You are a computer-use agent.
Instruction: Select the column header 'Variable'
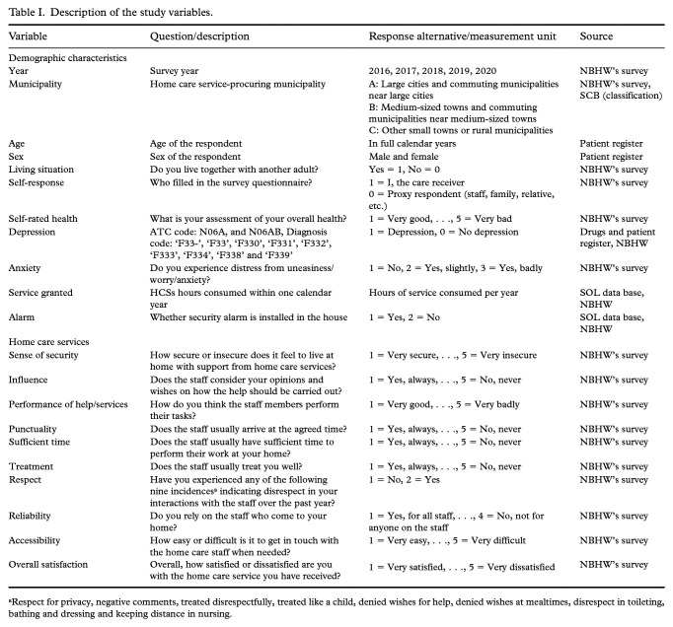(29, 35)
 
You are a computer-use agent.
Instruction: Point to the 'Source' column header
(596, 35)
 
